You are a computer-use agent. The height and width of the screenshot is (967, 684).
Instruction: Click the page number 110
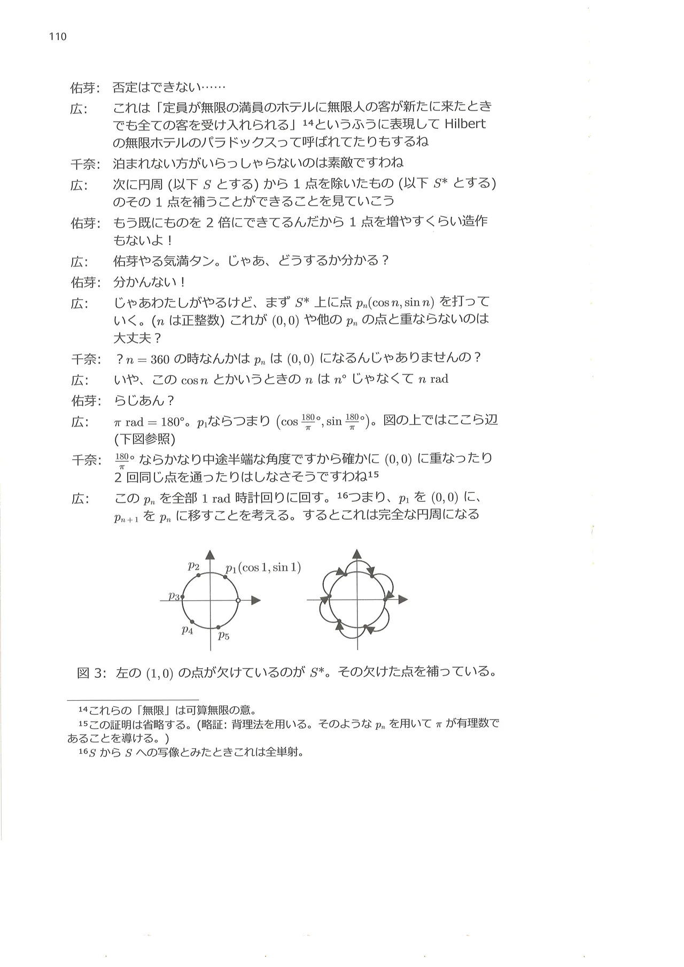click(58, 37)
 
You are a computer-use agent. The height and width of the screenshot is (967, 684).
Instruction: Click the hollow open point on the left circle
click(238, 600)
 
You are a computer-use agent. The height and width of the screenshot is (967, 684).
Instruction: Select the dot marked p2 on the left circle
click(198, 575)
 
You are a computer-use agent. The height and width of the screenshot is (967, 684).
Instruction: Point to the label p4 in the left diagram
click(187, 630)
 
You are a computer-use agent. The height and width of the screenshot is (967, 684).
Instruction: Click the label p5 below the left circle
click(223, 636)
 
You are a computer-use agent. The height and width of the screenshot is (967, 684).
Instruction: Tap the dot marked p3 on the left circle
click(183, 597)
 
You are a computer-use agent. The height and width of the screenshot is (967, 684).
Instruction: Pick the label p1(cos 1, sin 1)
click(262, 568)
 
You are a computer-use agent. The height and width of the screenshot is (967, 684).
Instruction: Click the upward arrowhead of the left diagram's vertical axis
click(211, 555)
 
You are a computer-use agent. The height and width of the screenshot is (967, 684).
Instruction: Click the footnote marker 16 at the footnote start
click(83, 753)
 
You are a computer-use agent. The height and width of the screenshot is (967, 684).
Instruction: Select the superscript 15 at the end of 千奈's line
click(374, 474)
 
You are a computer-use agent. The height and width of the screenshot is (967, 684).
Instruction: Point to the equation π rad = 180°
click(150, 422)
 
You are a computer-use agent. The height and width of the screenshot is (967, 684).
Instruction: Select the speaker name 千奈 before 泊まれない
click(84, 163)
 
